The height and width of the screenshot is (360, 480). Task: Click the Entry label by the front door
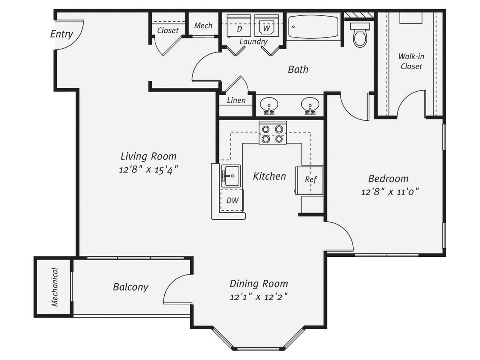[61, 34]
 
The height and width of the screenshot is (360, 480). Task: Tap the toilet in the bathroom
[360, 35]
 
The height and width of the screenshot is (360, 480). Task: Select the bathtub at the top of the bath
[314, 26]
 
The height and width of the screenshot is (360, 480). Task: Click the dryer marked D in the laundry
[239, 26]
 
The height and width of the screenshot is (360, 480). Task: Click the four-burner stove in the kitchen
[272, 133]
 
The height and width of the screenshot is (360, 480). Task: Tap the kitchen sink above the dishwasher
[231, 175]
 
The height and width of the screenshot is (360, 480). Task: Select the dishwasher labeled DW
[232, 200]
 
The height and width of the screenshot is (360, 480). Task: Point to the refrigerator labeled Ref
[311, 180]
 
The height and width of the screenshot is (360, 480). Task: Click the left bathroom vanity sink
[269, 105]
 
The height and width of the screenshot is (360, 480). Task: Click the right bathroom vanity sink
[310, 105]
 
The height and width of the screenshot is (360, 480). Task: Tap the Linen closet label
[236, 101]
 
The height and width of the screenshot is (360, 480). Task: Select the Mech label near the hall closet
[203, 26]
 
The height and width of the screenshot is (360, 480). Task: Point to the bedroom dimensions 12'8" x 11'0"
[390, 192]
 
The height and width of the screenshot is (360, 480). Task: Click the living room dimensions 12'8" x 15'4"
[148, 169]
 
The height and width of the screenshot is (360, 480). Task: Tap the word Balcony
[131, 287]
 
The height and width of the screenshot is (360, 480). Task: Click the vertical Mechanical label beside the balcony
[55, 287]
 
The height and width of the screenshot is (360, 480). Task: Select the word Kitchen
[269, 176]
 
